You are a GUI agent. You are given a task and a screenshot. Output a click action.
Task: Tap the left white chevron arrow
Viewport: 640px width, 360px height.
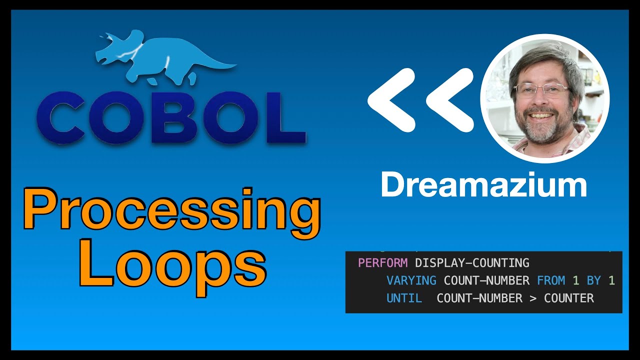point(392,100)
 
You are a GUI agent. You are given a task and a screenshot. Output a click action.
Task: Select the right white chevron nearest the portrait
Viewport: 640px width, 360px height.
point(450,100)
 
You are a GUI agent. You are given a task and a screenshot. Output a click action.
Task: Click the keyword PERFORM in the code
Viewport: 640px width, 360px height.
point(383,263)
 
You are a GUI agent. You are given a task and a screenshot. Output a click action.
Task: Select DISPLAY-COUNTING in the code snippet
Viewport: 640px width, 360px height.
point(472,263)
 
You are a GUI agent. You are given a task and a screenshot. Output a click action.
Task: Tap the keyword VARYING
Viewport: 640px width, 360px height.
point(411,280)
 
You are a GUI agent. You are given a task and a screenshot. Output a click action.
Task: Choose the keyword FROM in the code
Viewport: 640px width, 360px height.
point(551,280)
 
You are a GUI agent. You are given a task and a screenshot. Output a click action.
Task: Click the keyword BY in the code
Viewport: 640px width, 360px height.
point(593,280)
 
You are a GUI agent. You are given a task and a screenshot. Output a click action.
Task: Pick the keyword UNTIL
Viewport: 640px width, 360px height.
point(404,298)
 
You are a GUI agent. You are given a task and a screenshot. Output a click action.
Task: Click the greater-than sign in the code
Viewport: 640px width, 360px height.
point(533,298)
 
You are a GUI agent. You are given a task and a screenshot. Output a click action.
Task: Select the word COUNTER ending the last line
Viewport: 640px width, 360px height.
point(569,298)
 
